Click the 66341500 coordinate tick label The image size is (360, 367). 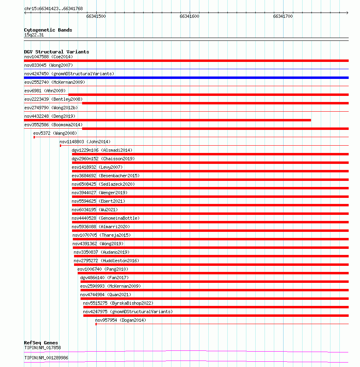pyautogui.click(x=96, y=16)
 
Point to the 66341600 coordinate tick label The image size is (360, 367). pyautogui.click(x=189, y=16)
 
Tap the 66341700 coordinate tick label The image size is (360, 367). pyautogui.click(x=283, y=16)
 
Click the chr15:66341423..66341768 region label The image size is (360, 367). pyautogui.click(x=53, y=8)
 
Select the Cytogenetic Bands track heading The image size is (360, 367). pyautogui.click(x=48, y=30)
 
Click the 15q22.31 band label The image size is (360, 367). pyautogui.click(x=34, y=35)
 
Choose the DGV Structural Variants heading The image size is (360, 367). pyautogui.click(x=56, y=52)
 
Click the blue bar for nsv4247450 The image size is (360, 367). pyautogui.click(x=186, y=78)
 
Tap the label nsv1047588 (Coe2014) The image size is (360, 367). pyautogui.click(x=49, y=57)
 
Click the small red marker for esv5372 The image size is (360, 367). pyautogui.click(x=34, y=137)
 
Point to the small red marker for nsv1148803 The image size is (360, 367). pyautogui.click(x=60, y=146)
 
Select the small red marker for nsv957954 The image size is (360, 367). pyautogui.click(x=96, y=324)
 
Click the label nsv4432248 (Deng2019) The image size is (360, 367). pyautogui.click(x=50, y=116)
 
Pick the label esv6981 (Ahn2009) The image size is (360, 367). pyautogui.click(x=44, y=91)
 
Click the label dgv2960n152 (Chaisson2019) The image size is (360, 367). pyautogui.click(x=103, y=159)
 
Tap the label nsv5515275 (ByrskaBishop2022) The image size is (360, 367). pyautogui.click(x=118, y=303)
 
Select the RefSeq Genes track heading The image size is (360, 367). pyautogui.click(x=41, y=343)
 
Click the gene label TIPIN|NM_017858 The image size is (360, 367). pyautogui.click(x=42, y=348)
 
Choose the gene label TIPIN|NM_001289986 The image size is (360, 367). pyautogui.click(x=46, y=358)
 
